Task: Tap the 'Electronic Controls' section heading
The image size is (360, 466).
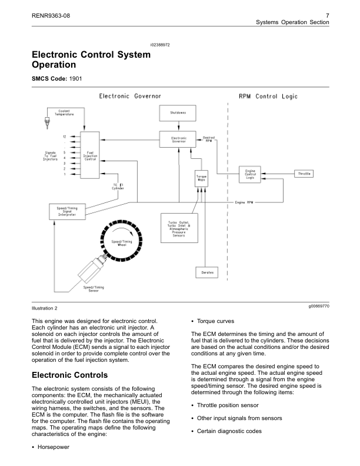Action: point(69,375)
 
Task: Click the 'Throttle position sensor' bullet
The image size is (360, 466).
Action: point(230,405)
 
